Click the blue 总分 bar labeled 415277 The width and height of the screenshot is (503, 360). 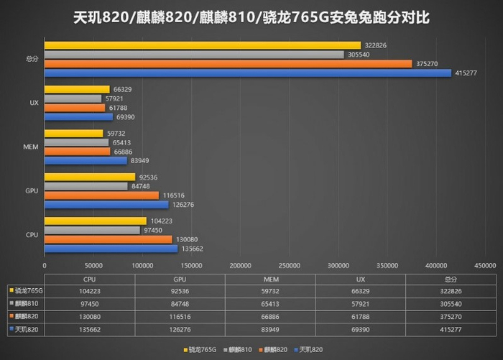coord(248,73)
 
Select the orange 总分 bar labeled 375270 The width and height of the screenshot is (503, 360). coord(229,63)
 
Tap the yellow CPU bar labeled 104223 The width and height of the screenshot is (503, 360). coord(96,221)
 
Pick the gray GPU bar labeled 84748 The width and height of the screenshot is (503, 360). coord(86,186)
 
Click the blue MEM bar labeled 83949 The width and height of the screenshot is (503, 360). coord(86,160)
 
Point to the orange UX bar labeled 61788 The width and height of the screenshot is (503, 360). coord(75,107)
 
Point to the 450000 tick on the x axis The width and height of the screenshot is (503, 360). coord(484,264)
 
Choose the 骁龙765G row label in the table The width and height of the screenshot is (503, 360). coord(26,291)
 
